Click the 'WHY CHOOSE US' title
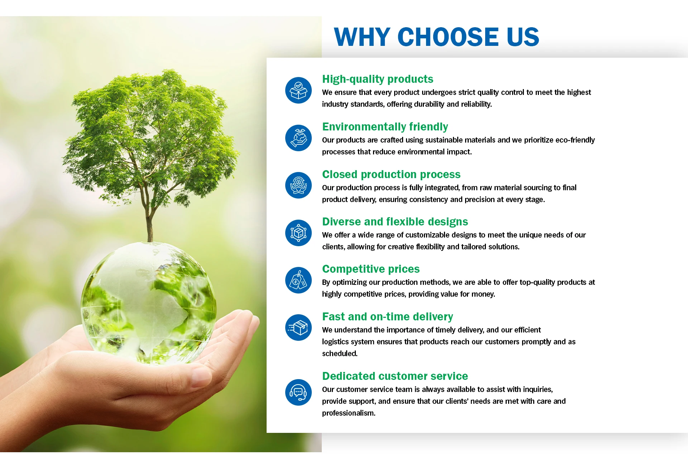436,37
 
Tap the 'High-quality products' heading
378,79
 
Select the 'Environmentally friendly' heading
385,127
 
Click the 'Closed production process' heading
391,174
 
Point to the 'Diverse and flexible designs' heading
395,222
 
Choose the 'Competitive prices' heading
371,269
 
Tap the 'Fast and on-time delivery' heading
388,317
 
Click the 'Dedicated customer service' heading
395,376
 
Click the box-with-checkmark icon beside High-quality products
298,90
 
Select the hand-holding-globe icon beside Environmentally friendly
298,138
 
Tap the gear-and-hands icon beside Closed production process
298,185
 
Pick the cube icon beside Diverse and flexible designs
298,233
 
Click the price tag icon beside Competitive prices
298,280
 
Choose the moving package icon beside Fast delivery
298,328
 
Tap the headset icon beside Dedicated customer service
298,392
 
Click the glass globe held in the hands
148,303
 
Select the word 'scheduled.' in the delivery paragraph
340,354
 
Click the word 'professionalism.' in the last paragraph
349,413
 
